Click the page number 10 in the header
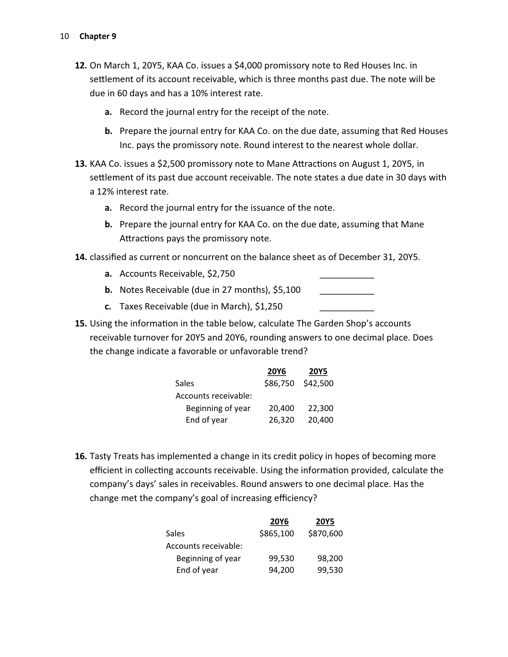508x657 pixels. (x=64, y=36)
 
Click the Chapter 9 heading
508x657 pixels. (x=98, y=36)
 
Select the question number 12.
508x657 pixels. (x=81, y=66)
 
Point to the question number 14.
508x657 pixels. (x=81, y=257)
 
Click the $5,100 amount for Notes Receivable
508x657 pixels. (x=287, y=290)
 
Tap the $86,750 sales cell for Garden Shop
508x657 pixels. (x=279, y=383)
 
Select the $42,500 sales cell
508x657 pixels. (x=318, y=383)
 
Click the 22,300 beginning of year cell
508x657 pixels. (x=320, y=408)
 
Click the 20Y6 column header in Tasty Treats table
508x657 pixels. (x=279, y=521)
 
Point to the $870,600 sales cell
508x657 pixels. (x=325, y=533)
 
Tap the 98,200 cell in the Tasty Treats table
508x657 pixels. (x=330, y=558)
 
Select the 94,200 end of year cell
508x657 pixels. (x=281, y=570)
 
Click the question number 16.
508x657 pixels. (x=81, y=457)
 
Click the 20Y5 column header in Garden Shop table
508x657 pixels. (x=318, y=371)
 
